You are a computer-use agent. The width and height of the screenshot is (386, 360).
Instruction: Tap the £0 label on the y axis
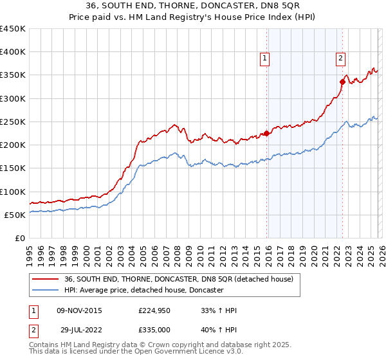(20, 239)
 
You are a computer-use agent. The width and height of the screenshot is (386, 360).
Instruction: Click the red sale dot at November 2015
(266, 134)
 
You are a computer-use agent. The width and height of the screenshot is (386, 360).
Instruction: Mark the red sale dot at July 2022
(342, 81)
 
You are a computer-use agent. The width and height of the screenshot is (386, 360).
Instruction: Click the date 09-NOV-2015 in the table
(80, 310)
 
